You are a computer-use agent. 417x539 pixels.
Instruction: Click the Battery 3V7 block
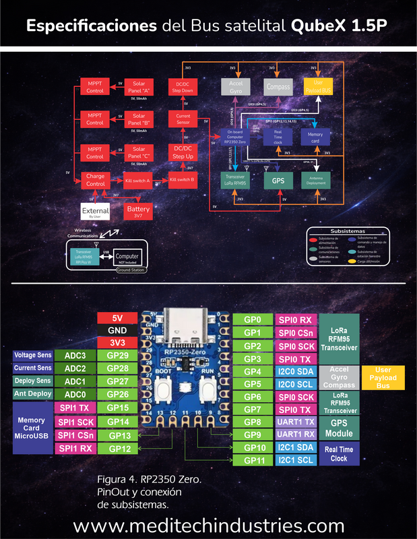coord(138,212)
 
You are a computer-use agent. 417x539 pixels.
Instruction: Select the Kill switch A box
coord(137,181)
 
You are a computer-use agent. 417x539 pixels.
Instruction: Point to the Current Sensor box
coord(183,119)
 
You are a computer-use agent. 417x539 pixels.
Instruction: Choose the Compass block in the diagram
coord(278,86)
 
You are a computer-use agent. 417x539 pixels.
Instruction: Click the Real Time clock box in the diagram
coord(278,137)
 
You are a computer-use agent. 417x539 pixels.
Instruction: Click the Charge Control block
coord(95,180)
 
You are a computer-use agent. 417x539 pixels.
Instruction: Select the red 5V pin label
coord(117,318)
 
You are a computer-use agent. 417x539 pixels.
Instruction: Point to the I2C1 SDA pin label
coord(295,447)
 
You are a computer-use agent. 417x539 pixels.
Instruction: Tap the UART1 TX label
coord(295,422)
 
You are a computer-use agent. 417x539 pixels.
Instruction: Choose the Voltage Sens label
coord(32,355)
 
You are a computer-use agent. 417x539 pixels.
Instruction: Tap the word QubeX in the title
coord(317,26)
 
